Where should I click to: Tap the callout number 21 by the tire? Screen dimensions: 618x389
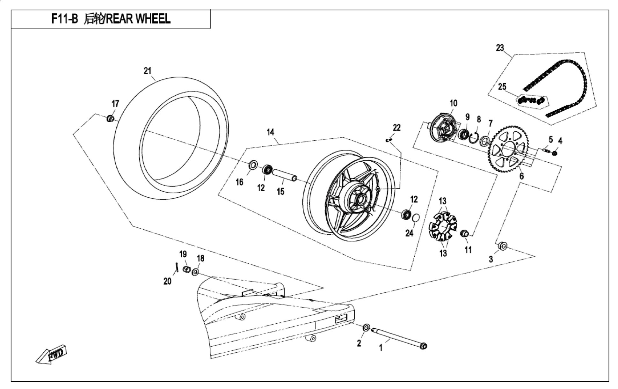147,71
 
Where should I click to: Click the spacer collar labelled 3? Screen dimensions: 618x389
503,246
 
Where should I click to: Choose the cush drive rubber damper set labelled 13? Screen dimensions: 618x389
442,227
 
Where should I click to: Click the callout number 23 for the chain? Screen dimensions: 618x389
500,48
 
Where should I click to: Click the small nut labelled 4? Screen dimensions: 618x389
555,153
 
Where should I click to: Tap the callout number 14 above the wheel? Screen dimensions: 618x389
270,132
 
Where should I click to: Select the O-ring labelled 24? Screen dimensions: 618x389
415,218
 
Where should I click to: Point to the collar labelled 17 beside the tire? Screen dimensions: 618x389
110,119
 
